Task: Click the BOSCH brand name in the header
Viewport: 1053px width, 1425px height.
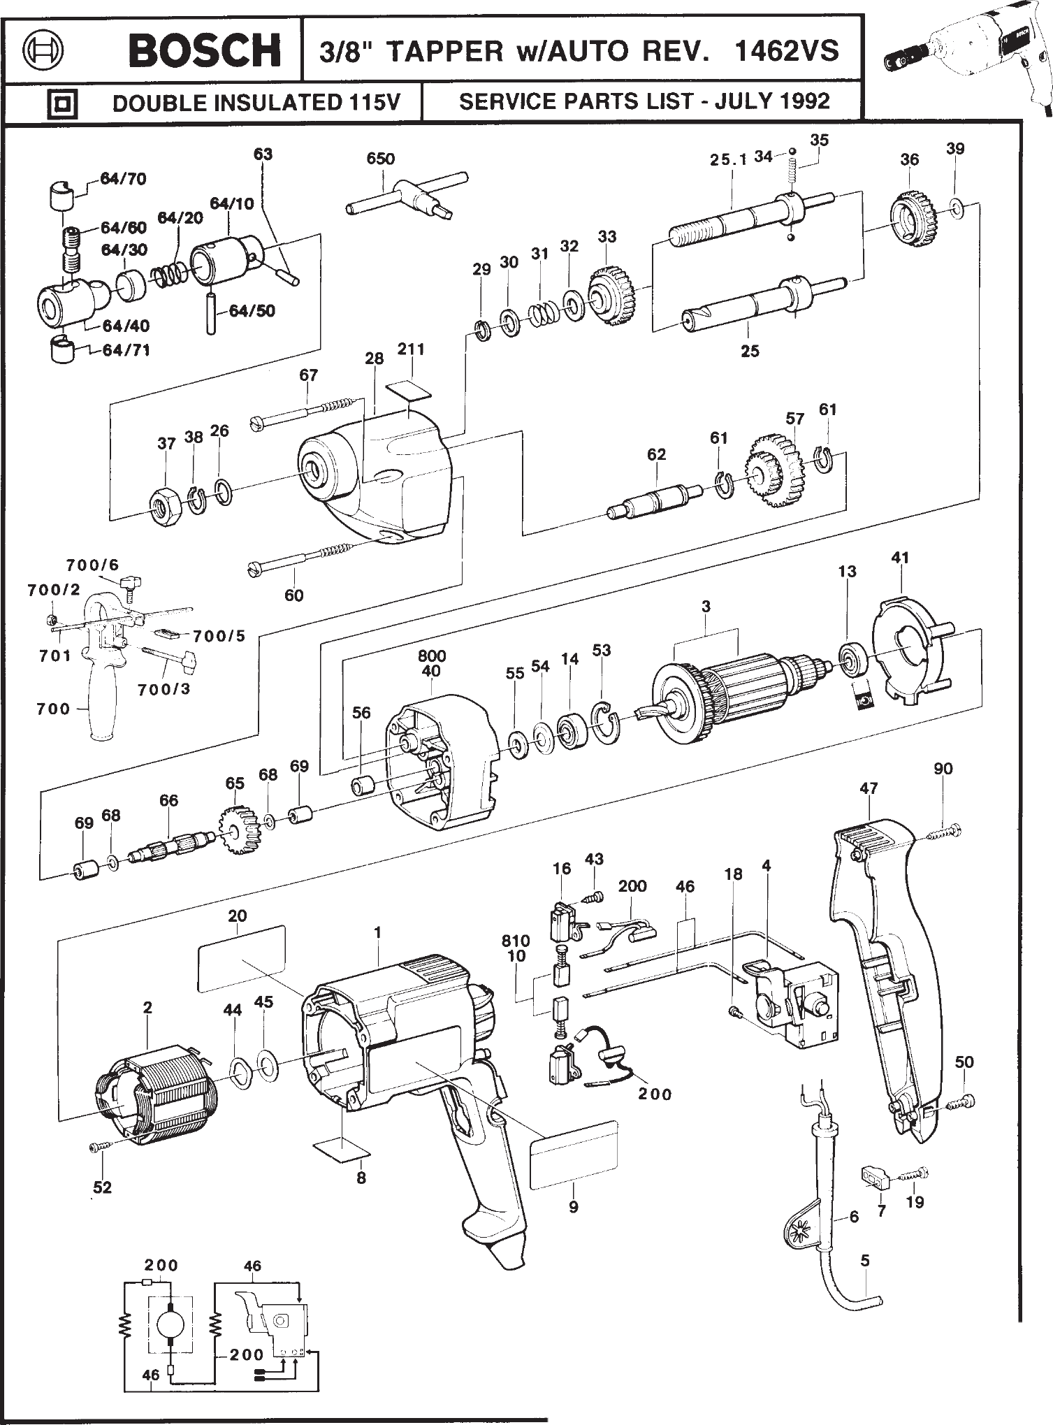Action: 205,51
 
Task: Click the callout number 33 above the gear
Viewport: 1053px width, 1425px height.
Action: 607,237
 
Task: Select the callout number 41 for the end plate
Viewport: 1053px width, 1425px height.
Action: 901,558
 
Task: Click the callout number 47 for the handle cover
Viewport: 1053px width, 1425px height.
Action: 869,788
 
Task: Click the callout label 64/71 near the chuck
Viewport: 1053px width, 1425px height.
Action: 126,350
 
